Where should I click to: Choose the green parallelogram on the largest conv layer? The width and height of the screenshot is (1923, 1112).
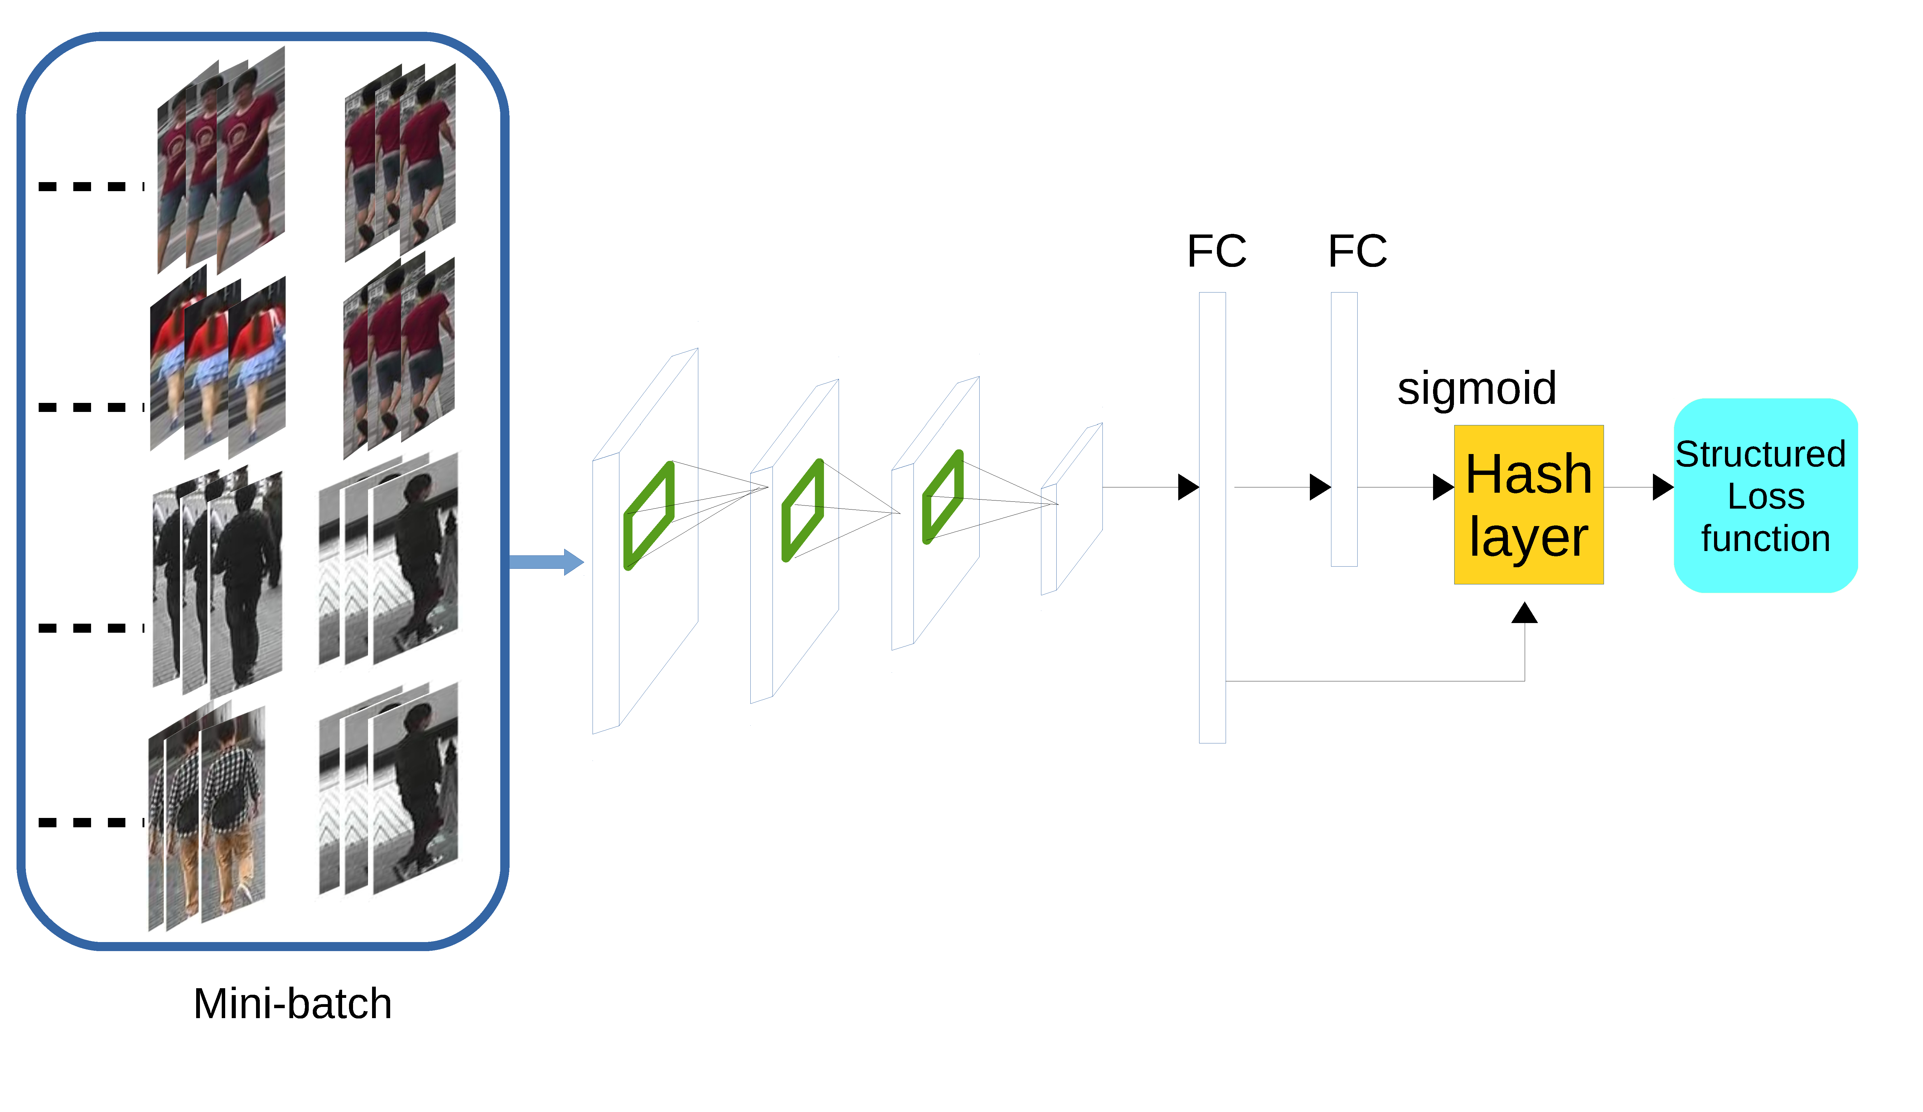point(649,515)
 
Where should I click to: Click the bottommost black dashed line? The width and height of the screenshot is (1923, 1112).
point(90,823)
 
